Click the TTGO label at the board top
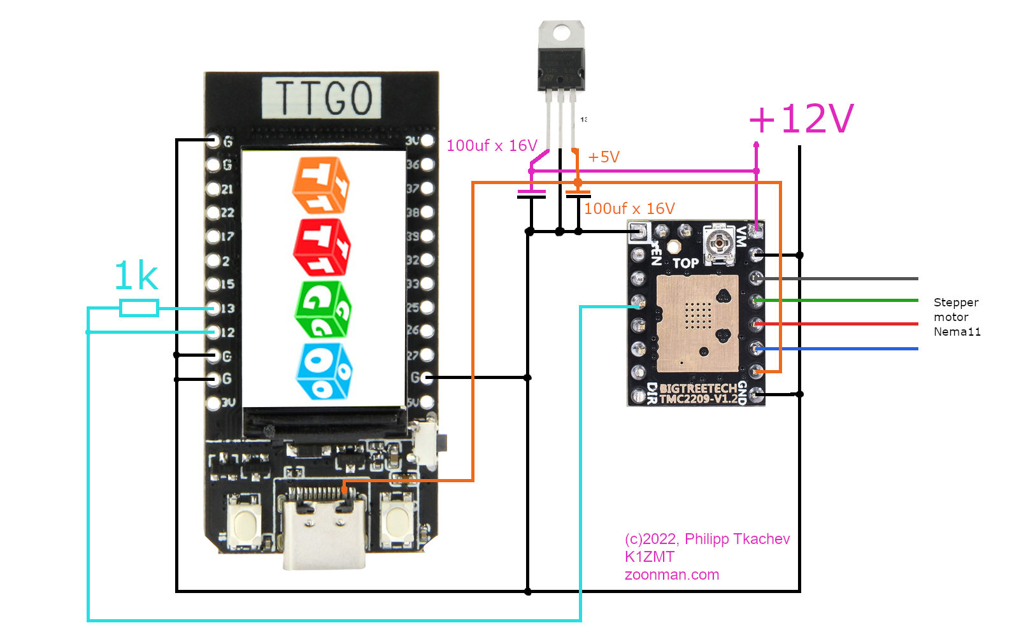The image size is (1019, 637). pyautogui.click(x=322, y=98)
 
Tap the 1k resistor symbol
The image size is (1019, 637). pyautogui.click(x=139, y=308)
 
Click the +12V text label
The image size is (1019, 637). pyautogui.click(x=801, y=119)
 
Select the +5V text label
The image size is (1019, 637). pyautogui.click(x=604, y=157)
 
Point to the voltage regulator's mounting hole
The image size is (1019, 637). pyautogui.click(x=561, y=32)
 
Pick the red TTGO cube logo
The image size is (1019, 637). pyautogui.click(x=322, y=247)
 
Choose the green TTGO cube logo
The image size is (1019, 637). pyautogui.click(x=323, y=309)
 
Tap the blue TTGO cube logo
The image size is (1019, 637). pyautogui.click(x=324, y=371)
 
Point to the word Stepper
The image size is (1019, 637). pyautogui.click(x=955, y=303)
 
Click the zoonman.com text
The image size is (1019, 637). pyautogui.click(x=671, y=575)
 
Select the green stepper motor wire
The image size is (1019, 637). pyautogui.click(x=841, y=300)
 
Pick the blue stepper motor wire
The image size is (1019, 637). pyautogui.click(x=841, y=348)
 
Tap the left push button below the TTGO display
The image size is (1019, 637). pyautogui.click(x=244, y=524)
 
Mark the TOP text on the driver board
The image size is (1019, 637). pyautogui.click(x=685, y=263)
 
